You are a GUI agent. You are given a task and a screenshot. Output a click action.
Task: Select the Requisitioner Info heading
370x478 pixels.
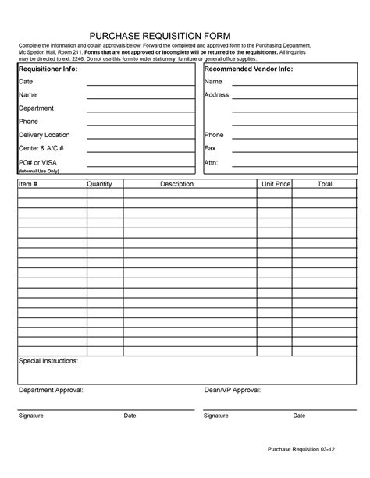48,69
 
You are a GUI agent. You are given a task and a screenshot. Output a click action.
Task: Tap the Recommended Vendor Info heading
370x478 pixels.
248,69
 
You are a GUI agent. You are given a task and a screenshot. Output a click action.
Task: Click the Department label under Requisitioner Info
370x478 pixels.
36,108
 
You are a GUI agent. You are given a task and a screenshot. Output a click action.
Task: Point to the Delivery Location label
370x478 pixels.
44,135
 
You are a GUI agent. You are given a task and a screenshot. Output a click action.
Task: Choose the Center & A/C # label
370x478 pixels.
41,148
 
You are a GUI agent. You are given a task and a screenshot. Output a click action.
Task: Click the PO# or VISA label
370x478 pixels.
37,161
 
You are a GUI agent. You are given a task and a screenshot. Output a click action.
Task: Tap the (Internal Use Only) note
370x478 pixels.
39,170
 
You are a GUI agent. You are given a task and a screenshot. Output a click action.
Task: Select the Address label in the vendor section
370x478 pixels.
216,95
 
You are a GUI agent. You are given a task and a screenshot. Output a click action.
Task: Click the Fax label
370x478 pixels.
209,148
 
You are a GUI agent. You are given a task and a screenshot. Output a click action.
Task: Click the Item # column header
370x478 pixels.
28,183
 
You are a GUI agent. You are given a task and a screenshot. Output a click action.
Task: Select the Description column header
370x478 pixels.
176,183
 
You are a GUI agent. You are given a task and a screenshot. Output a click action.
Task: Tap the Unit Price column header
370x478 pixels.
276,183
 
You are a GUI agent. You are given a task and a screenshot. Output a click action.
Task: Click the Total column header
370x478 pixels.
324,183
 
